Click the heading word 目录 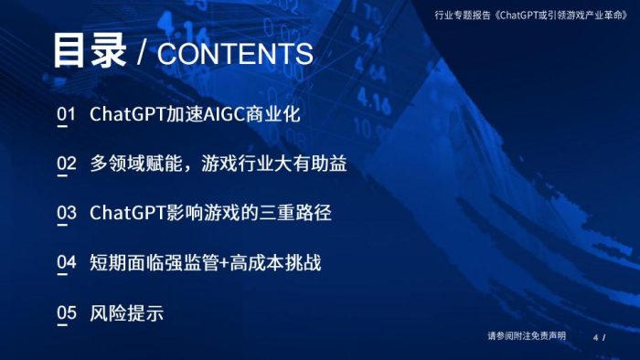88,51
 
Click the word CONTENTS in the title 235,53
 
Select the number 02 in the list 66,164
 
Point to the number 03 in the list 66,214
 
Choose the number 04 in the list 66,263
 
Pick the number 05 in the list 66,313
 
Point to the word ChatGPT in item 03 126,214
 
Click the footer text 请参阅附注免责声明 527,336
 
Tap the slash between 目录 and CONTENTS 141,53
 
